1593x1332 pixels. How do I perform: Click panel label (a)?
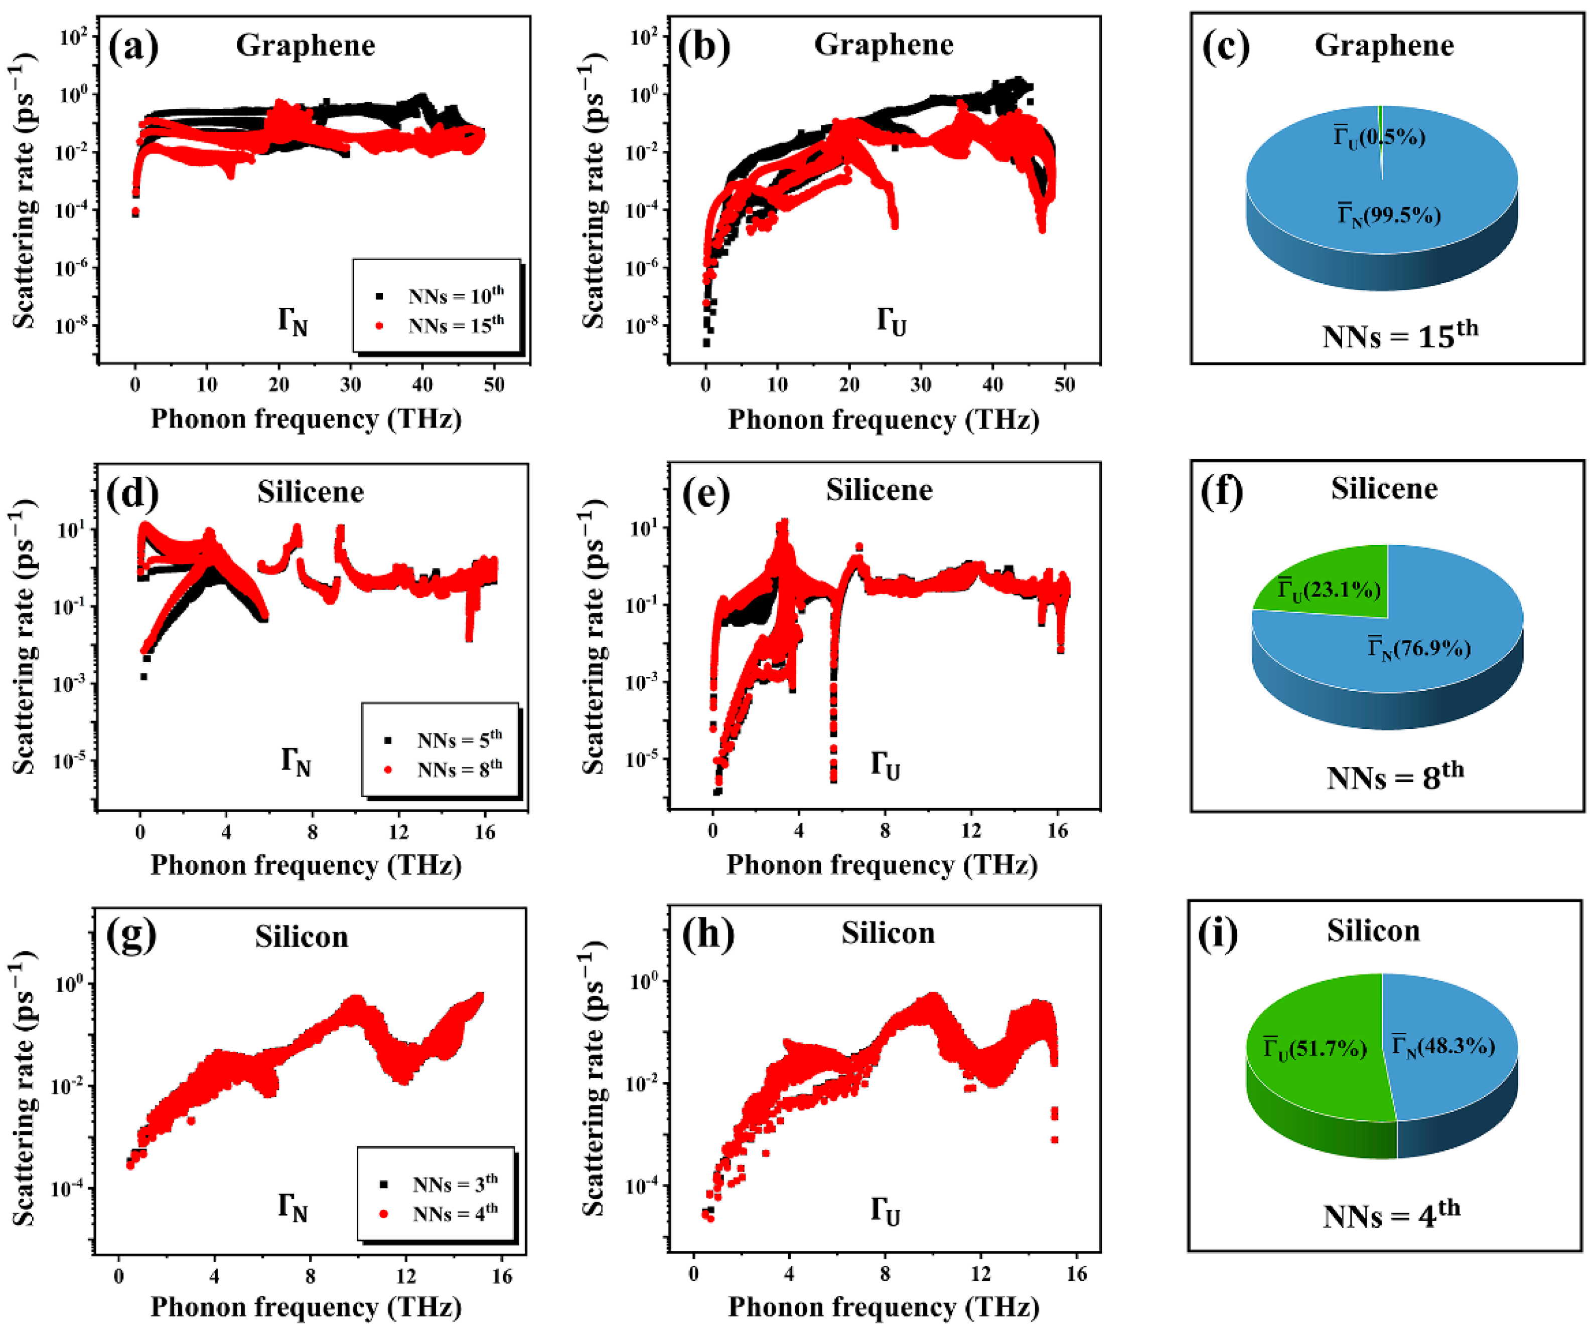click(133, 47)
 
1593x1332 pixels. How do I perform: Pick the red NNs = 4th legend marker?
click(384, 1214)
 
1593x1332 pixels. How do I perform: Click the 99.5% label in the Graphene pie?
click(1388, 215)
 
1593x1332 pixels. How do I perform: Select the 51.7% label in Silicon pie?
click(1314, 1048)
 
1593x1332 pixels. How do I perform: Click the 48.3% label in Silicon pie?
click(1443, 1046)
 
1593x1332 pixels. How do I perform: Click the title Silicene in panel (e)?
click(879, 490)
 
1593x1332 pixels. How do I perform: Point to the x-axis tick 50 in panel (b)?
click(1064, 385)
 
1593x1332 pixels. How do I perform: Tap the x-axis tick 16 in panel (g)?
click(501, 1276)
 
